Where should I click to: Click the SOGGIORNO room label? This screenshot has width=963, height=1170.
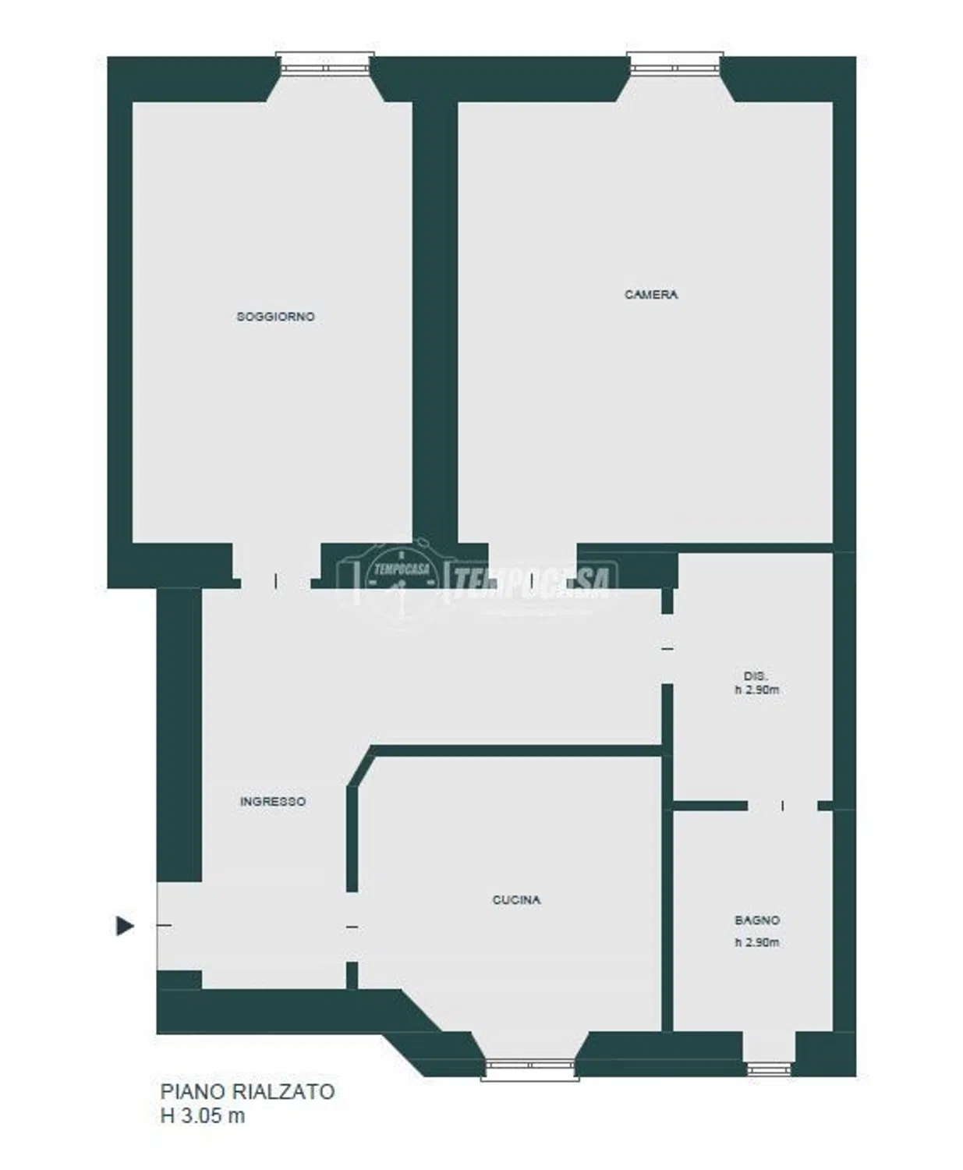coord(276,317)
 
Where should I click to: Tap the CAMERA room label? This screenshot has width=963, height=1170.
coord(651,295)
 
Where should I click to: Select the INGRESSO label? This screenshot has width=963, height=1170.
coord(272,802)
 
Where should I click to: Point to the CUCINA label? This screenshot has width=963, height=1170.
coord(516,900)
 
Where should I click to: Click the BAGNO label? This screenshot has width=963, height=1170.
coord(757,920)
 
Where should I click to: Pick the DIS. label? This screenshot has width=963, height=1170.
coord(756,676)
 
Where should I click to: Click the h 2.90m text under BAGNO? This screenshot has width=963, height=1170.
coord(757,942)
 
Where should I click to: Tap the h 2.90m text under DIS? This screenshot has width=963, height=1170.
coord(757,690)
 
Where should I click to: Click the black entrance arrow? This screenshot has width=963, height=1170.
coord(125,926)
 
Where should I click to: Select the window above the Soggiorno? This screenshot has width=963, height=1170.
coord(325,63)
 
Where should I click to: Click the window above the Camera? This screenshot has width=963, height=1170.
coord(674,63)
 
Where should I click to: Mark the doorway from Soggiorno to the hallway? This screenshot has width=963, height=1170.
coord(275,581)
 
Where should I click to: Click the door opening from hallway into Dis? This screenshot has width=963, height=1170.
coord(667,648)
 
